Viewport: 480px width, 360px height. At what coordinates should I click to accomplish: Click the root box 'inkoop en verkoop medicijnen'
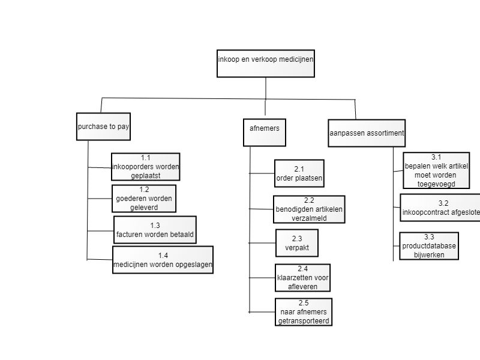tap(266, 64)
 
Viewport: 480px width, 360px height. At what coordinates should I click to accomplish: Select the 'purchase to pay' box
tap(103, 127)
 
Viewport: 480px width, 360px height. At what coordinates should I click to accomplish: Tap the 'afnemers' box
tap(265, 133)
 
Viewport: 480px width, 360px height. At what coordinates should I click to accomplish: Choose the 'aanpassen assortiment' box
tap(367, 133)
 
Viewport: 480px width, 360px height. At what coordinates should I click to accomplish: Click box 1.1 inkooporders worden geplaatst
tap(145, 167)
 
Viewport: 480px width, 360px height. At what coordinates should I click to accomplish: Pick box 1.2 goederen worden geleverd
tap(144, 199)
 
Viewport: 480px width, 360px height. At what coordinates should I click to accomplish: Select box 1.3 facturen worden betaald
tap(155, 230)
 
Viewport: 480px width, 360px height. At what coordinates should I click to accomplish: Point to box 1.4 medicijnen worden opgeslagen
tap(163, 260)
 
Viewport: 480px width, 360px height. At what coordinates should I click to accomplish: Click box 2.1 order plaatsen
tap(299, 173)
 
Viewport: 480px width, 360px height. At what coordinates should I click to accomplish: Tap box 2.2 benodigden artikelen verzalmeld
tap(309, 209)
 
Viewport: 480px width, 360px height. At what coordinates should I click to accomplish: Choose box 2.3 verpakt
tap(297, 243)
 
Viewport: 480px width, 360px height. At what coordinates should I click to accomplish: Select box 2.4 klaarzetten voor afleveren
tap(303, 278)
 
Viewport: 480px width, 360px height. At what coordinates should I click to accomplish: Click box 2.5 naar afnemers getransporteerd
tap(304, 312)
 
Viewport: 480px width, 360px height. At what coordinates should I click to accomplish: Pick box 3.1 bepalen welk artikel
tap(436, 170)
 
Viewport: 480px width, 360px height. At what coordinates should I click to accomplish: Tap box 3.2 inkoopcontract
tap(440, 208)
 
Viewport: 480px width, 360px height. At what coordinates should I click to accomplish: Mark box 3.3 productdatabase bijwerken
tap(429, 246)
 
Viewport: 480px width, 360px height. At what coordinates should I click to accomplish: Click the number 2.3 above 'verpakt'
tap(297, 238)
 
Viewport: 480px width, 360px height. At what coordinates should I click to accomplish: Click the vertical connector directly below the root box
tap(266, 88)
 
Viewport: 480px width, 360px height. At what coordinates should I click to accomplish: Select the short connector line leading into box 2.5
tap(262, 312)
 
